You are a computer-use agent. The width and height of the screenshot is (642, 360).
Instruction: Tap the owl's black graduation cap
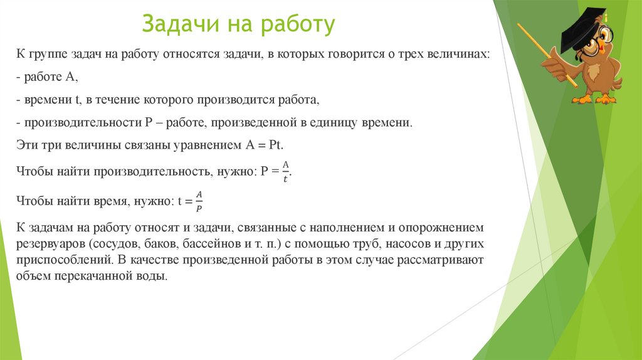coord(582,31)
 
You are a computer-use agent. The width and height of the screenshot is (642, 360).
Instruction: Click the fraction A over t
coord(285,171)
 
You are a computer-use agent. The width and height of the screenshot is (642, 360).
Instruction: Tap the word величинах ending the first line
coord(461,55)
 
